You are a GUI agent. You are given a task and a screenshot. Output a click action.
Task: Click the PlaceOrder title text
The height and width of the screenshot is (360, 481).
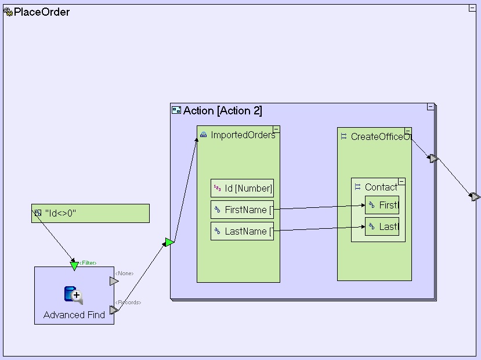point(42,12)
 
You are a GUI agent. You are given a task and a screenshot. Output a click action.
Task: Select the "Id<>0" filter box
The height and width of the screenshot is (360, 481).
point(91,213)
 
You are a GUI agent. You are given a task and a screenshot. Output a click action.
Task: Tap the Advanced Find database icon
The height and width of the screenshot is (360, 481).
point(73,296)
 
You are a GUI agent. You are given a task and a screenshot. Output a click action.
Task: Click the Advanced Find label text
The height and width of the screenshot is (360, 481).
point(74,315)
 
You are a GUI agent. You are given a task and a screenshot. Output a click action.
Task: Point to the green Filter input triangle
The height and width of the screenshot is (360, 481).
point(74,266)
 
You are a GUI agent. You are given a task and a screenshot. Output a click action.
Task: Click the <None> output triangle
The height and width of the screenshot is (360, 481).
point(114,281)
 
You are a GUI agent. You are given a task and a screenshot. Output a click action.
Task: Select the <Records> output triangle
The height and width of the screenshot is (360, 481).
point(114,310)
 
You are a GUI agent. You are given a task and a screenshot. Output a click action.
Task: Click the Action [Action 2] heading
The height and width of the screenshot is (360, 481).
point(222,111)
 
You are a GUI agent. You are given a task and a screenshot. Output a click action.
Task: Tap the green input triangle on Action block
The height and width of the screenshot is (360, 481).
point(169,242)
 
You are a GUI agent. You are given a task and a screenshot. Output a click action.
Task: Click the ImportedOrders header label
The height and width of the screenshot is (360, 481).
point(243,135)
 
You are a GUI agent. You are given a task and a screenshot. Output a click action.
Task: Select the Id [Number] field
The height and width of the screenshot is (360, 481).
point(242,188)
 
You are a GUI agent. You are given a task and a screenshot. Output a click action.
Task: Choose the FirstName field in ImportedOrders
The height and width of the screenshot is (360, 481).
point(242,210)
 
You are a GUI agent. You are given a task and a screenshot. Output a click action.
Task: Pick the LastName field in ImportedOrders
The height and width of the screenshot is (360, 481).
point(242,231)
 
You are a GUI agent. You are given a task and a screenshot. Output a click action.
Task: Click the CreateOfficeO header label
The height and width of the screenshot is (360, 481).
point(381,136)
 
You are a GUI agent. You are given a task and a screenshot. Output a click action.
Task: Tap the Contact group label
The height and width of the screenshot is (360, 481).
point(381,187)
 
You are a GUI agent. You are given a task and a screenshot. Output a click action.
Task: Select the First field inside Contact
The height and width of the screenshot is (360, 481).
point(382,205)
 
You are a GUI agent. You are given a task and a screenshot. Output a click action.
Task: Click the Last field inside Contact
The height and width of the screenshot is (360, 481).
point(382,226)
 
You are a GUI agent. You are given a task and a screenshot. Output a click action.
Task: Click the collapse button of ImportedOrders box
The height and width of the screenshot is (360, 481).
point(276,129)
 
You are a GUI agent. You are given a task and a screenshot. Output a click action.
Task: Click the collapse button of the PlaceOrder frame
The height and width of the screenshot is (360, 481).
point(472,8)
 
